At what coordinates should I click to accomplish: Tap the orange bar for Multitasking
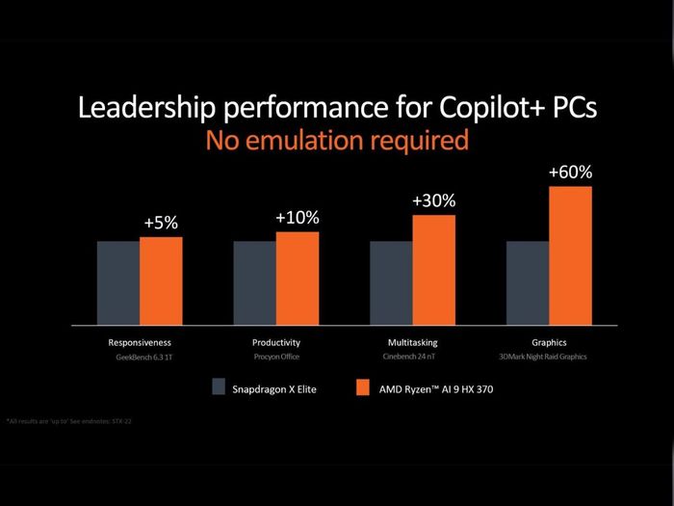pyautogui.click(x=433, y=269)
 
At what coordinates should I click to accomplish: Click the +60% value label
pyautogui.click(x=570, y=173)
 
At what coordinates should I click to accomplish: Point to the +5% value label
pyautogui.click(x=161, y=223)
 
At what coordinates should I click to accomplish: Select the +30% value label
pyautogui.click(x=433, y=201)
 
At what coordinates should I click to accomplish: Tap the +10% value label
pyautogui.click(x=297, y=218)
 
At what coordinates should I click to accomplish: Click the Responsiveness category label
pyautogui.click(x=140, y=342)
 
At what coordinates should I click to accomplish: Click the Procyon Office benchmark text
pyautogui.click(x=276, y=357)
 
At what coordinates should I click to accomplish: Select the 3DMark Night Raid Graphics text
pyautogui.click(x=549, y=357)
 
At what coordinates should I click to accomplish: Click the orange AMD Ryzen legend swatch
pyautogui.click(x=363, y=387)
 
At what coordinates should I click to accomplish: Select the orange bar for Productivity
pyautogui.click(x=297, y=278)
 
